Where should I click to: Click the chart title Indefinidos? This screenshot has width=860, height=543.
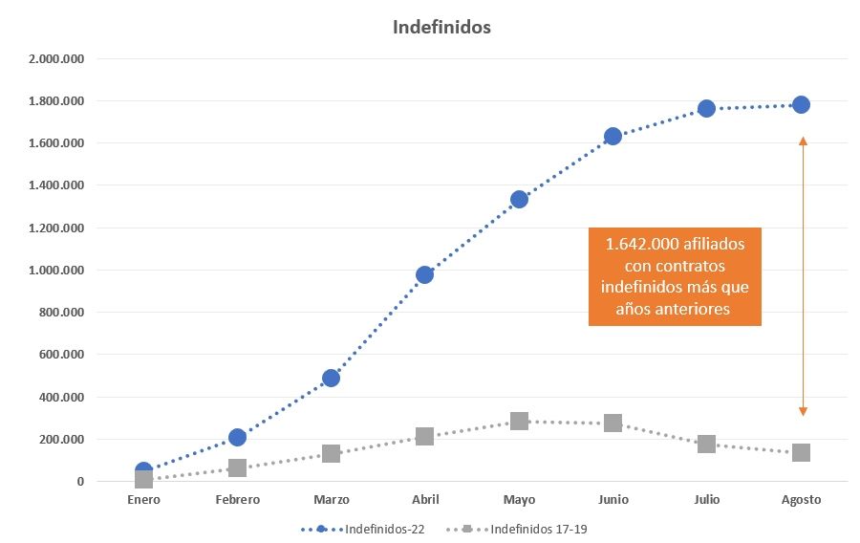point(441,27)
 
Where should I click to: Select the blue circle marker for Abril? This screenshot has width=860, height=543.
point(424,274)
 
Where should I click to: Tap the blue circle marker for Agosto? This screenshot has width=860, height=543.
point(801,104)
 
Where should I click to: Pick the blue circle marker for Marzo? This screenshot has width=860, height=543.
point(331,378)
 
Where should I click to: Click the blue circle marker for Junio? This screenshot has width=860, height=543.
point(613,136)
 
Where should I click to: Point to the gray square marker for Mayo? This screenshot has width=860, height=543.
point(519,421)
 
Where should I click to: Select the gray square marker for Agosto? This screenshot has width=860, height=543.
point(801,452)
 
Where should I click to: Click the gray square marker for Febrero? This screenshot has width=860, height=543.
point(237,467)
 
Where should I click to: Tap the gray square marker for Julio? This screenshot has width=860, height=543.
point(706,444)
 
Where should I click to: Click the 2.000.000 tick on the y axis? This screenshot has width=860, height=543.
point(57,59)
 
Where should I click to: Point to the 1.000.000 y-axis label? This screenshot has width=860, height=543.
point(57,271)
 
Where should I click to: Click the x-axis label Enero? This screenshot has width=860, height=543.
point(143,500)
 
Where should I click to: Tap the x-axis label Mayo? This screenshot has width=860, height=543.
point(519,500)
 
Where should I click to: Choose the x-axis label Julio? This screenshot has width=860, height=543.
point(706,500)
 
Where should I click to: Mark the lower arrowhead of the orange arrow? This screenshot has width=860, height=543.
point(803,412)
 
